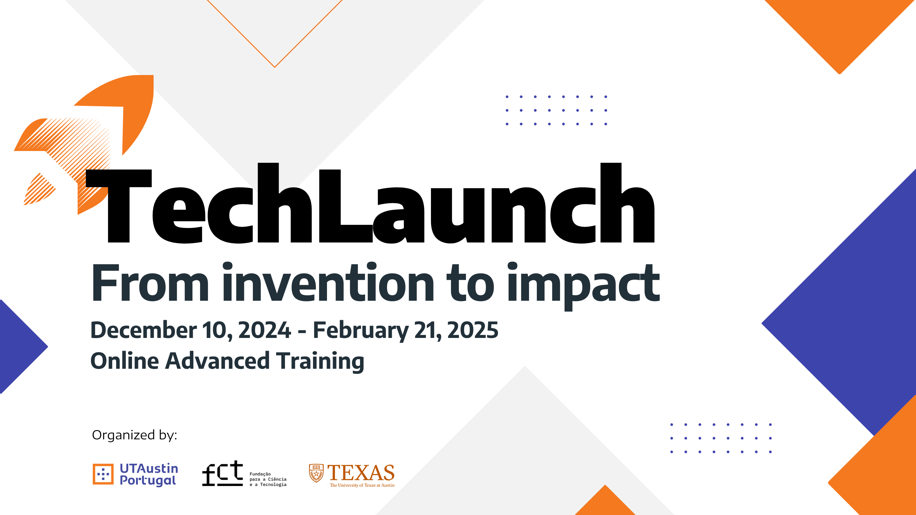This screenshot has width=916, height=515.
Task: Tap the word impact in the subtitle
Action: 584,286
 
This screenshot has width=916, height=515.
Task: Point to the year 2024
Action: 265,330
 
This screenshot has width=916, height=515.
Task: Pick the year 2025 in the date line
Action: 473,330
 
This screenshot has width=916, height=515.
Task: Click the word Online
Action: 124,360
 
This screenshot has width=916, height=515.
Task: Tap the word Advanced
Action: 217,360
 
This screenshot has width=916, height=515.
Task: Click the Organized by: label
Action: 135,435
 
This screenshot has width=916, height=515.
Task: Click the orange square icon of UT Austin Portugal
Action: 103,474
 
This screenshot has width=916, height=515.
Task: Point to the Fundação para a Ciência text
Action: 268,479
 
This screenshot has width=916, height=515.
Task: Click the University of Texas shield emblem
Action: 316,473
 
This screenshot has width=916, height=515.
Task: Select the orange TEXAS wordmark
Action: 361,472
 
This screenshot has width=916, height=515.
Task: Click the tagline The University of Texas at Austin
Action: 362,485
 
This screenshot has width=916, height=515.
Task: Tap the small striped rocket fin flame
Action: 39,189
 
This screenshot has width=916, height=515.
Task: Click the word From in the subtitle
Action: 150,283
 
